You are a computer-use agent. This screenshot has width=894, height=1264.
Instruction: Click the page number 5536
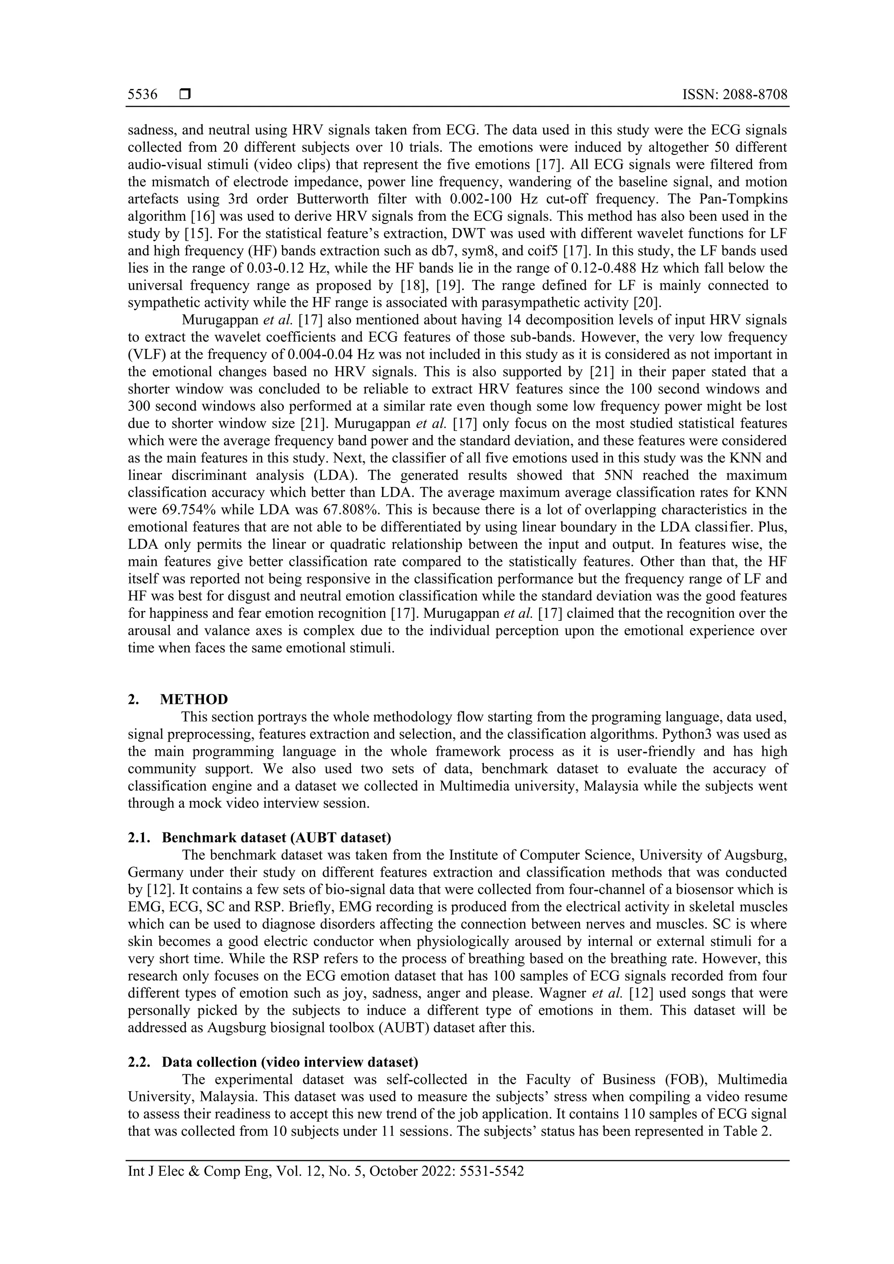click(x=143, y=95)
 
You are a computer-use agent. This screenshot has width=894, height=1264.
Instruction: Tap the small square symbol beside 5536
click(x=185, y=95)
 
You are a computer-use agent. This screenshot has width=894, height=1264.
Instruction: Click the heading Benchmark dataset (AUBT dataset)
click(x=276, y=837)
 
